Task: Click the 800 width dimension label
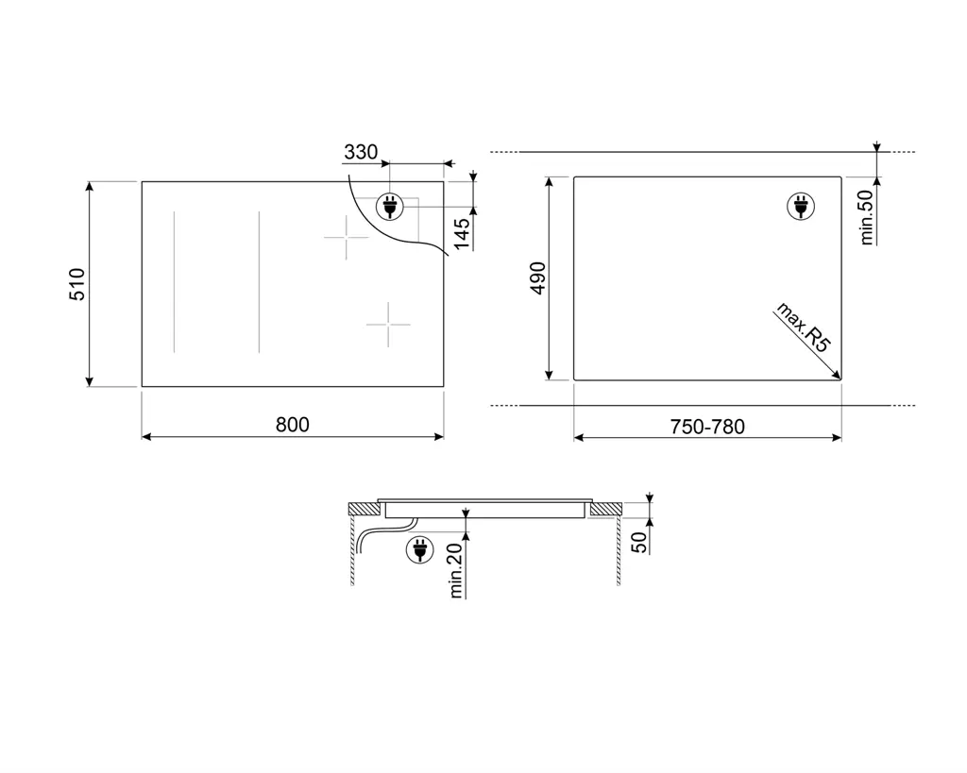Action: (293, 425)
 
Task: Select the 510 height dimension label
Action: (77, 284)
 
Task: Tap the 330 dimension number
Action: (360, 152)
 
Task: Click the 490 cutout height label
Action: (537, 278)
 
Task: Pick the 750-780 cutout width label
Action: (707, 427)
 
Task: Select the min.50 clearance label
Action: (867, 217)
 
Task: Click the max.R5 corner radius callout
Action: (803, 328)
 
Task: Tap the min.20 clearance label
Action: (456, 571)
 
